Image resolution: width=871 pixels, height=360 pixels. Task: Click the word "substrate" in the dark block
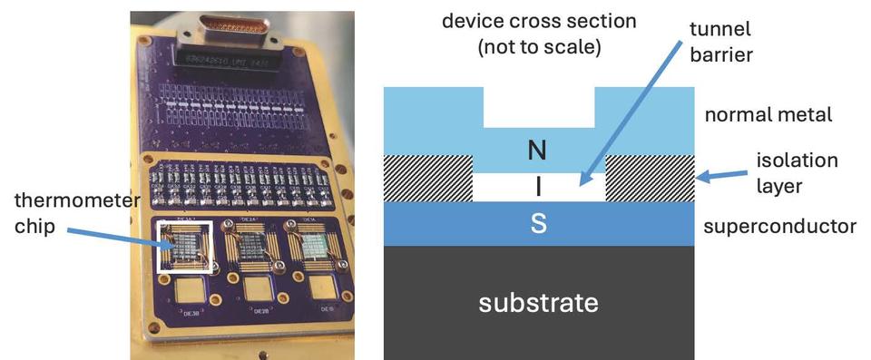[538, 301]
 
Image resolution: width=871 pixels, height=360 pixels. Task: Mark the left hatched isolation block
[428, 178]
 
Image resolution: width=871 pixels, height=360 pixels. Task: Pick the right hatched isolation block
[650, 178]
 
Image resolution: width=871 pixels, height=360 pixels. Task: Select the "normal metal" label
[768, 115]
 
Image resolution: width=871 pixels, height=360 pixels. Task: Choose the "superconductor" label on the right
[779, 225]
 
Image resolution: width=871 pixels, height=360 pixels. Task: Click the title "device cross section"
[539, 20]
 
